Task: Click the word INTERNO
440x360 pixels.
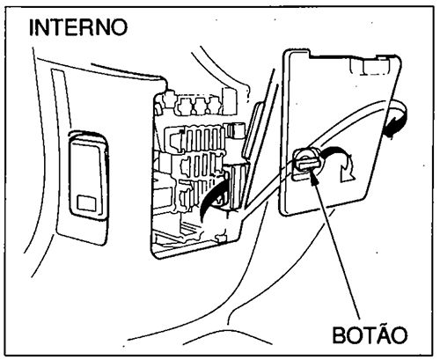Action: pos(78,26)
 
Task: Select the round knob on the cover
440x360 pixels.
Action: pos(304,161)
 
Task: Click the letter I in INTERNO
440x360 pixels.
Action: pos(33,26)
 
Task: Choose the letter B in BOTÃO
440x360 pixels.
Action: pos(339,335)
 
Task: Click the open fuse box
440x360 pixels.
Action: pos(194,167)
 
